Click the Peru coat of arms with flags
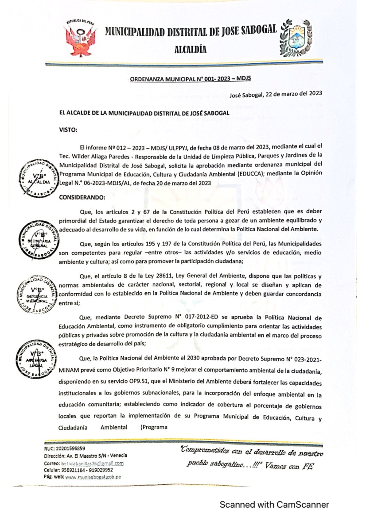click(x=81, y=38)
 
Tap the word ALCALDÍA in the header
click(x=191, y=50)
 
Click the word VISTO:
click(x=68, y=130)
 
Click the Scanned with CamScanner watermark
click(x=274, y=505)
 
